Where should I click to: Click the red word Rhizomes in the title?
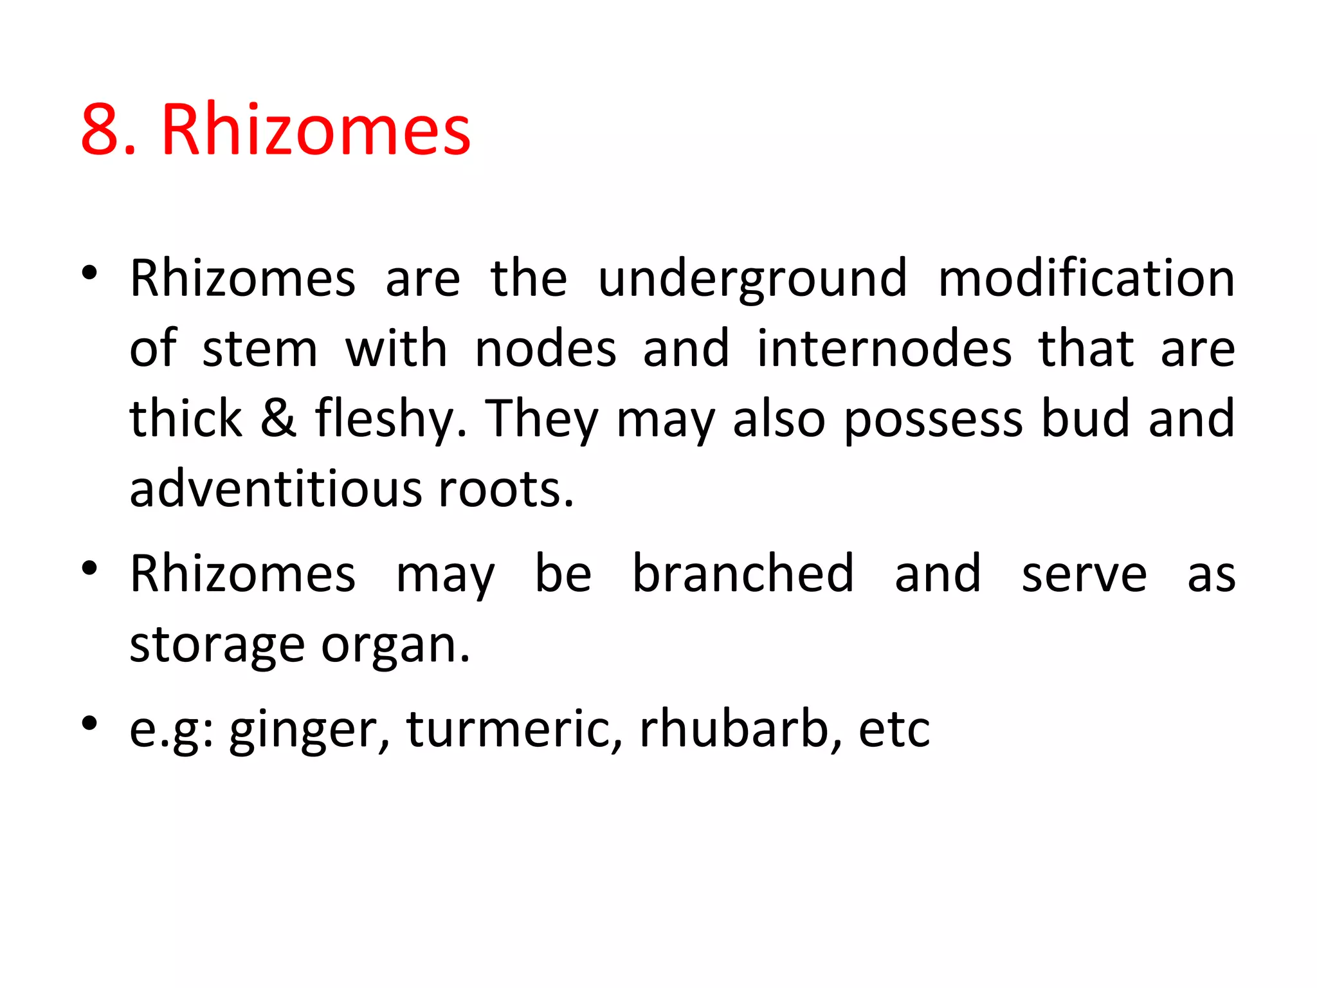(x=316, y=131)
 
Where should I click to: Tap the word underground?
(x=752, y=280)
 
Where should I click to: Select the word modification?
(x=1086, y=279)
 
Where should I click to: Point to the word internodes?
(x=884, y=349)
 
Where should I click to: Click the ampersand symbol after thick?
(x=278, y=419)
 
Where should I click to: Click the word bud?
(x=1085, y=419)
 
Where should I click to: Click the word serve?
(x=1084, y=574)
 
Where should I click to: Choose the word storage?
(x=217, y=645)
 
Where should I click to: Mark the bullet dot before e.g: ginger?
(x=89, y=723)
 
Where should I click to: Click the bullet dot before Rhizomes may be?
(x=89, y=567)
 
